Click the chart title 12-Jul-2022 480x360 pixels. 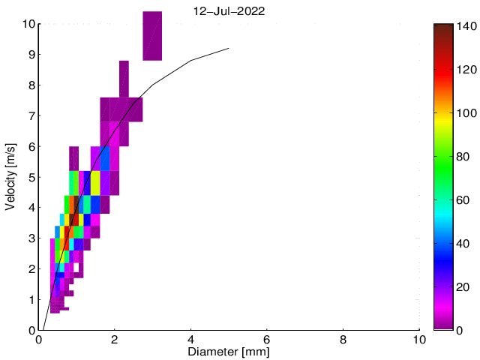[229, 11]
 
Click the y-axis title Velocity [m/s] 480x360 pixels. [11, 177]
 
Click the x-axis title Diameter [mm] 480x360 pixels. [229, 352]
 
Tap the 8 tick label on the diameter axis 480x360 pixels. [343, 339]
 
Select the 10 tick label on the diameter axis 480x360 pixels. [419, 339]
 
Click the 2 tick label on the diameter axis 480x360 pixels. [115, 339]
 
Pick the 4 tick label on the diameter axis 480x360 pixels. [191, 339]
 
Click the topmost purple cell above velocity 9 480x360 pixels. [152, 35]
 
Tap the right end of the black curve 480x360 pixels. [229, 49]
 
